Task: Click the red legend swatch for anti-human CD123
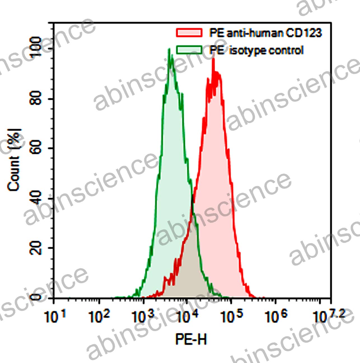[189, 32]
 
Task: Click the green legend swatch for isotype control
[189, 50]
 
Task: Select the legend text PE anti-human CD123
[265, 33]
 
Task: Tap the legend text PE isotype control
[256, 50]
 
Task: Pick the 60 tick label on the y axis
[36, 148]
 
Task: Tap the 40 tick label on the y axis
[36, 198]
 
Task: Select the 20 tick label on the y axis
[36, 248]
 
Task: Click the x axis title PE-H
[191, 340]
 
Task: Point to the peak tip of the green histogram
[169, 49]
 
